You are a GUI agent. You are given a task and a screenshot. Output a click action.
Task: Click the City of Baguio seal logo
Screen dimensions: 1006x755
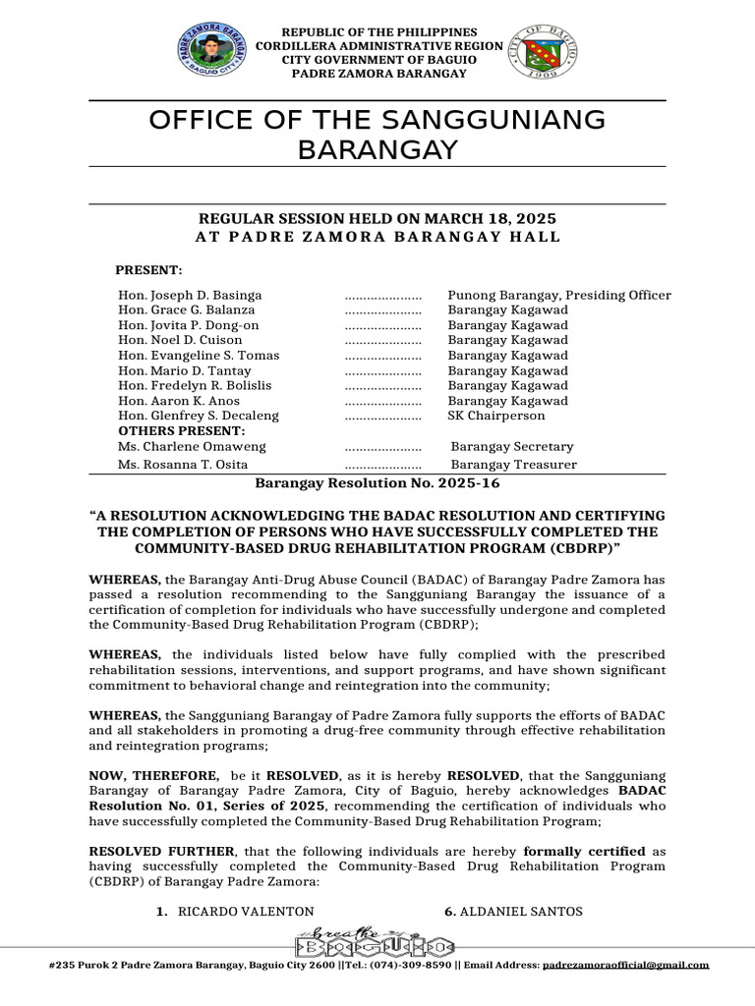tap(544, 52)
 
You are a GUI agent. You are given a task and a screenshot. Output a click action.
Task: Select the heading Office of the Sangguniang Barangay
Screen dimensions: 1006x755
tap(377, 135)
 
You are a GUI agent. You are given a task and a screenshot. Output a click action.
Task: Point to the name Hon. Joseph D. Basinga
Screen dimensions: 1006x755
tap(190, 295)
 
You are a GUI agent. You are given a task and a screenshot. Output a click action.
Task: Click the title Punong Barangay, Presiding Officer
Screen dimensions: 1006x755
tap(559, 295)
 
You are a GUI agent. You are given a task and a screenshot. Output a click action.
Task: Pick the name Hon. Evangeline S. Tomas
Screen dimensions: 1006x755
tap(199, 356)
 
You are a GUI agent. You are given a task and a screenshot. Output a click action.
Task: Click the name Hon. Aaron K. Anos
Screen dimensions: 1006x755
tap(180, 401)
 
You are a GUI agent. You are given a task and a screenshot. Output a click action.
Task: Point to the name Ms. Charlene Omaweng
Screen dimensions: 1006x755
tap(192, 447)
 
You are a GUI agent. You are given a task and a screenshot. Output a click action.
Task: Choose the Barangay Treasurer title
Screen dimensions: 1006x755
tap(513, 465)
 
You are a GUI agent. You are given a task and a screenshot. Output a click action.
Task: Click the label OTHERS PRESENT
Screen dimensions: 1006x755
tap(181, 431)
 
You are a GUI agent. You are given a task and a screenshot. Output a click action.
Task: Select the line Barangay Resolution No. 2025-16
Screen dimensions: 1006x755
tap(377, 483)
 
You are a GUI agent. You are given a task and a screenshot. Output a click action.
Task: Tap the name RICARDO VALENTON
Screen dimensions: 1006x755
tap(246, 912)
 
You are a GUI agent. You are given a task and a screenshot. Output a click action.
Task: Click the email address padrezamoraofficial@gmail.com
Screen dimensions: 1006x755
tap(625, 965)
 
